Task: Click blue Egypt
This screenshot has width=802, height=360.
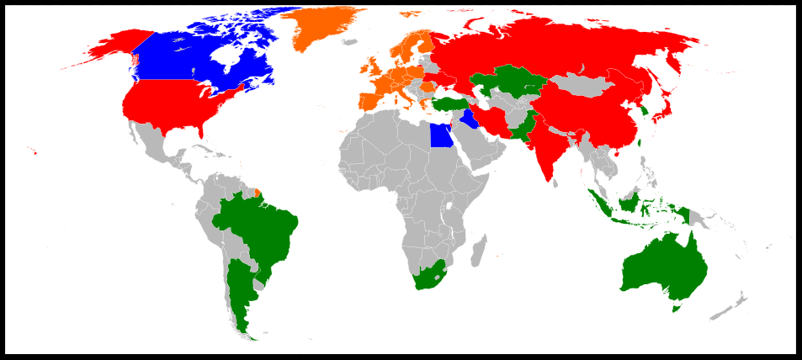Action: click(440, 135)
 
